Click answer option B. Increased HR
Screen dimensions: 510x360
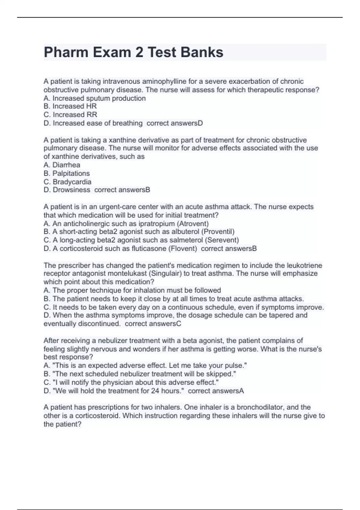pos(70,106)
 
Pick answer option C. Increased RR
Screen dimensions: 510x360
pos(70,115)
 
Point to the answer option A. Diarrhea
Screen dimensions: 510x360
pos(62,165)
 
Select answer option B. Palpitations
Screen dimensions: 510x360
pos(67,173)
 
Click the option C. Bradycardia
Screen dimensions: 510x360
pos(67,181)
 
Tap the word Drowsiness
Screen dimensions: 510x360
pos(71,190)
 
